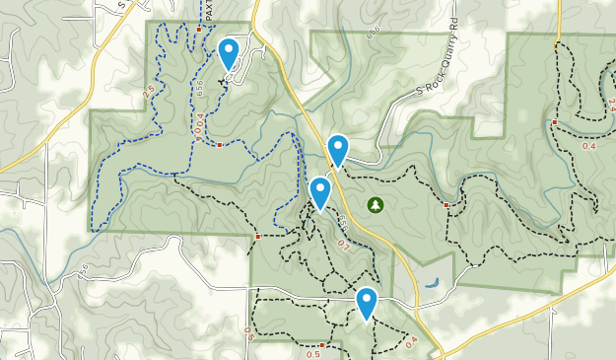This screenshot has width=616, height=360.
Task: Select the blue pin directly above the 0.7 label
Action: point(319,192)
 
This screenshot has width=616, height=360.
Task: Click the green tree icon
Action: point(375,204)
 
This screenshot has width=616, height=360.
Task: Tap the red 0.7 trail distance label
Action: point(343,244)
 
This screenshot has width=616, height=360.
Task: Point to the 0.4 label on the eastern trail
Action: point(589,147)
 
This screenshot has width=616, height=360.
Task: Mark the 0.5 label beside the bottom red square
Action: point(312,353)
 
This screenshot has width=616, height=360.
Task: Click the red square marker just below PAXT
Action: point(199,30)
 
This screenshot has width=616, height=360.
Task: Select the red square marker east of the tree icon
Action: point(446,205)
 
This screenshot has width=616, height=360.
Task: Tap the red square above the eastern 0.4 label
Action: point(555,122)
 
